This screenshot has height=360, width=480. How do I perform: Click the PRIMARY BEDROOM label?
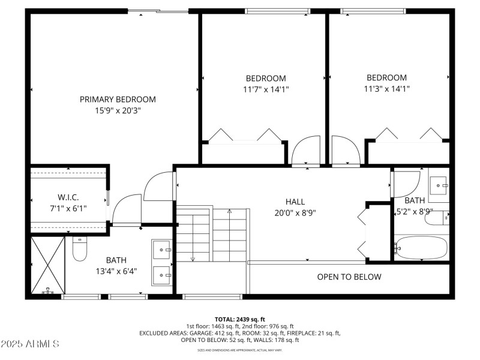coord(118,100)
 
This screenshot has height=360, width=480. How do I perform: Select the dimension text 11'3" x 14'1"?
coord(386,89)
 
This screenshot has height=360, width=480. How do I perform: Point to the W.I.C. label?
coord(68,197)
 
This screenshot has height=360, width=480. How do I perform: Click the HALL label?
coord(295,202)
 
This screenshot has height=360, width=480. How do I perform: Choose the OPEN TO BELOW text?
coord(349,277)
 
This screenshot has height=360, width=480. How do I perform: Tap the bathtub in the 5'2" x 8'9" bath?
coord(421,247)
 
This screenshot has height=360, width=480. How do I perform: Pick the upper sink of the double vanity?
coord(163,248)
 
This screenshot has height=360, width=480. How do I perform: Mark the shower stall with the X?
coord(47,264)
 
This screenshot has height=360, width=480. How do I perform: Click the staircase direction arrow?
coord(229,211)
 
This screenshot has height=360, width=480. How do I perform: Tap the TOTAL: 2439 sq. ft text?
coord(240,319)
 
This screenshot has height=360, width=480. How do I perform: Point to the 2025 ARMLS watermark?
coord(30,344)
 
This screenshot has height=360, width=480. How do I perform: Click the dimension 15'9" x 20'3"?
coord(118,110)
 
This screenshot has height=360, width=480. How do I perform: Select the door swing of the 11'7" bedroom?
coord(307,151)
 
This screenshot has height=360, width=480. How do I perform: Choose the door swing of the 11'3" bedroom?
coord(344,151)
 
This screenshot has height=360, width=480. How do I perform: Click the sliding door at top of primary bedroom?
coord(158,10)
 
